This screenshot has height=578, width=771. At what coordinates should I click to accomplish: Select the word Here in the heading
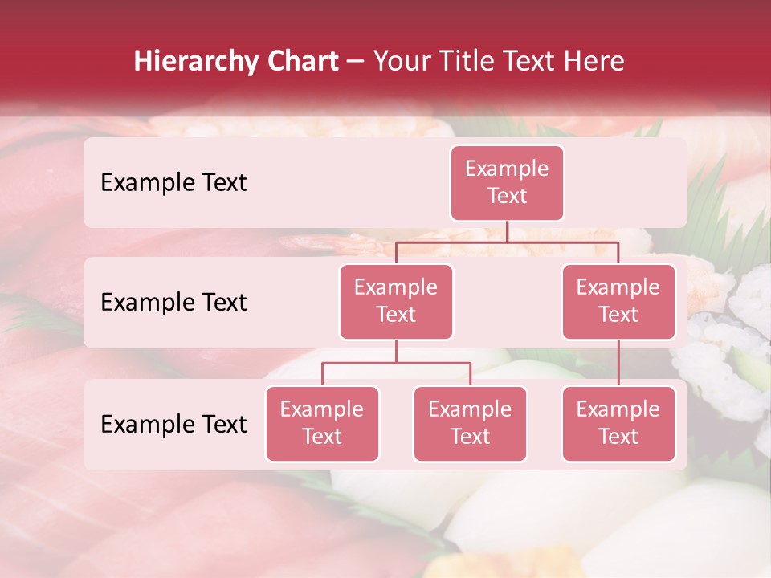point(595,61)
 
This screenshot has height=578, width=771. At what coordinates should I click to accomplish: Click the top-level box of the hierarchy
point(507,183)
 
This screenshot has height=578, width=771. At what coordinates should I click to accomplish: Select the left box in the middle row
point(396,302)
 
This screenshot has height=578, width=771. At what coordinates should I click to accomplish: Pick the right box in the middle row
point(618,302)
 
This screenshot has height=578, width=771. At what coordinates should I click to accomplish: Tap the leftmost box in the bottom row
point(322,424)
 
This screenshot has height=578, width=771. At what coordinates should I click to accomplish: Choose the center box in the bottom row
point(470,424)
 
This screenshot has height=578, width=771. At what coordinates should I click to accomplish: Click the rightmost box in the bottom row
point(618,424)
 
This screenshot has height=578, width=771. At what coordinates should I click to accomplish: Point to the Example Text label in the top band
point(173,183)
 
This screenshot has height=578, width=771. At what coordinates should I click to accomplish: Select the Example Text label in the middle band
point(173,303)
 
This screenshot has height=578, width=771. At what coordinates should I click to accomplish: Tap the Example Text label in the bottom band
point(173,425)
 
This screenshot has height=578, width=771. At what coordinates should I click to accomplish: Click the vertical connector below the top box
point(507,231)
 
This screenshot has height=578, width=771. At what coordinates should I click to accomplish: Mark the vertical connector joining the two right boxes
point(618,363)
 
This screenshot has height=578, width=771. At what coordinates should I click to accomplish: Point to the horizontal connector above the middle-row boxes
point(507,242)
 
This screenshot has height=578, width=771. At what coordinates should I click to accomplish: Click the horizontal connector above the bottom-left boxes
point(396,363)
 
